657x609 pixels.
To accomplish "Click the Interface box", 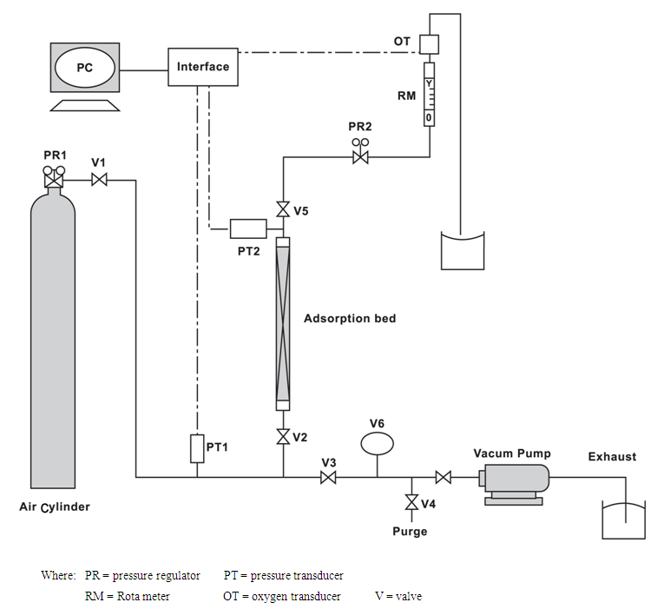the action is [203, 67].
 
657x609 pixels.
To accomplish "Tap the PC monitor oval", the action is [85, 68].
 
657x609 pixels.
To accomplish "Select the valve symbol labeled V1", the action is [99, 181].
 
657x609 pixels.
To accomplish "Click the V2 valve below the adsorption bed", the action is [283, 437].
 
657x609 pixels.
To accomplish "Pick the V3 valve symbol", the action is [328, 477].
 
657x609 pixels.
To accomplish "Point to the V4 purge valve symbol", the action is [412, 502].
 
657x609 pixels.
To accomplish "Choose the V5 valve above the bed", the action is [283, 209].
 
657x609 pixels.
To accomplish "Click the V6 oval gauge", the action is [378, 443].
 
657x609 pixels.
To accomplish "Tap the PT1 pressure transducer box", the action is [197, 448].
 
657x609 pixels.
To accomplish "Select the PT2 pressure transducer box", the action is [248, 228].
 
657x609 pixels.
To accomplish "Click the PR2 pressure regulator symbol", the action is [360, 153].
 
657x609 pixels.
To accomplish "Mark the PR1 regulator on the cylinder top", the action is [54, 176].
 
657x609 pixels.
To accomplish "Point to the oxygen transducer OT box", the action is [430, 44].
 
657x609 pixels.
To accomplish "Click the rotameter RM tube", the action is [429, 95].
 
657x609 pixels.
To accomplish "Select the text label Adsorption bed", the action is [350, 319].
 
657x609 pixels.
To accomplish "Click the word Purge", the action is [410, 532].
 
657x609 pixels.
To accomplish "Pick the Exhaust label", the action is [612, 456].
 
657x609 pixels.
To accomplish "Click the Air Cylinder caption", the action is [55, 507].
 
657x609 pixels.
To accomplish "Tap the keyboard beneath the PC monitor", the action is [85, 105].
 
